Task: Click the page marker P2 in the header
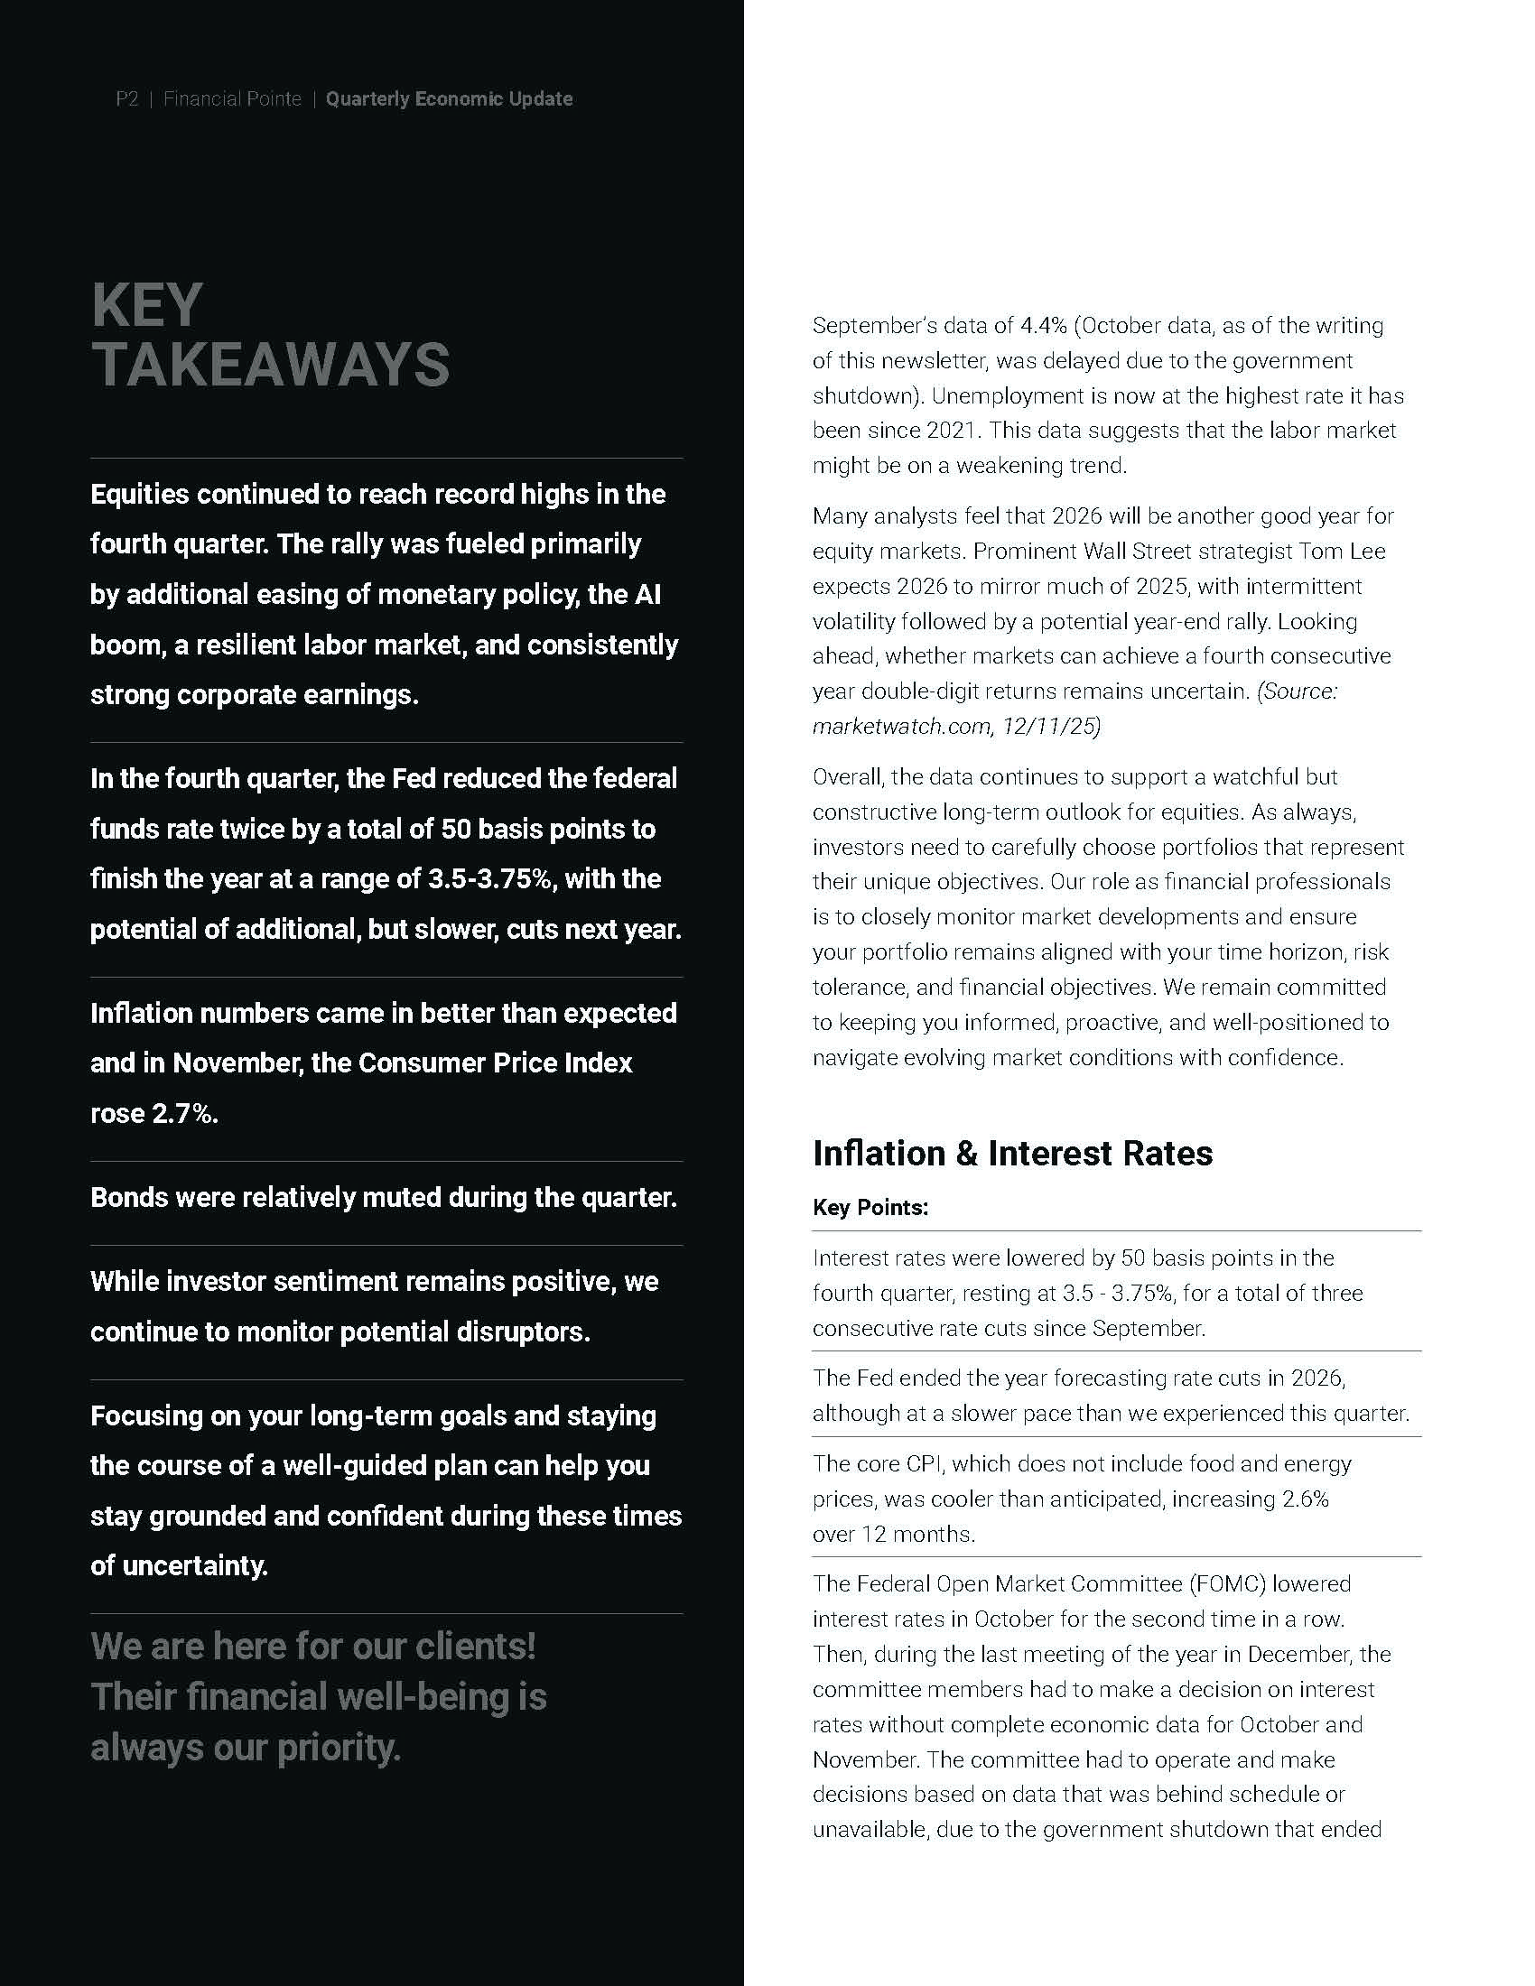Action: (x=127, y=99)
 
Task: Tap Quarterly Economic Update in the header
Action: (x=450, y=99)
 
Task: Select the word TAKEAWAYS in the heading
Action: (x=270, y=365)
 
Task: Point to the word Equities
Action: (x=140, y=495)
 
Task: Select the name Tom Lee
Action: (x=1344, y=551)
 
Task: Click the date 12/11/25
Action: (x=1051, y=727)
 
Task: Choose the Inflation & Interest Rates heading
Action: (x=1012, y=1153)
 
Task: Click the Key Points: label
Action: (x=870, y=1208)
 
